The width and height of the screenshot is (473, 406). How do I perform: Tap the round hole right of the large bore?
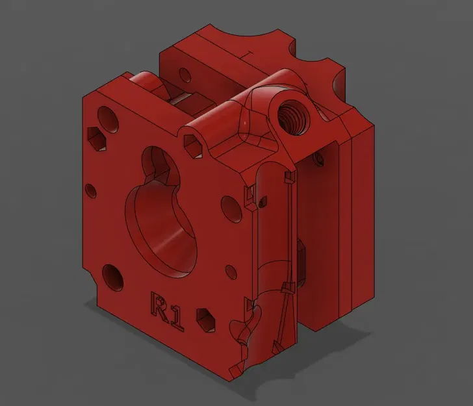[229, 207]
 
